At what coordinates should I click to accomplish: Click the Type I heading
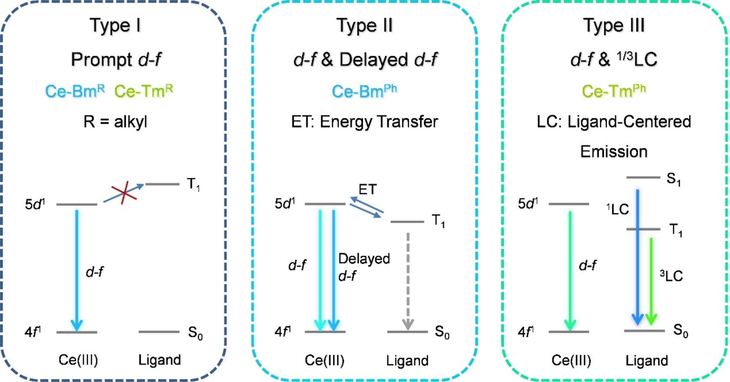(x=115, y=26)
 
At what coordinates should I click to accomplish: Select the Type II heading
(x=365, y=26)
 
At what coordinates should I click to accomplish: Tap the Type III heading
(x=614, y=26)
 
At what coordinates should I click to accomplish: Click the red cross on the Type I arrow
(x=124, y=193)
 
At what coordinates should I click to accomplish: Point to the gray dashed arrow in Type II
(x=408, y=279)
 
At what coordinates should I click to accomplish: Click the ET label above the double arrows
(x=367, y=189)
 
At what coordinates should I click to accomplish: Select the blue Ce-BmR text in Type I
(x=75, y=91)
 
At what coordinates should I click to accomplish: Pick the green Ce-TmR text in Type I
(x=143, y=91)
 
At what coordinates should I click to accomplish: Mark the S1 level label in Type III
(x=673, y=179)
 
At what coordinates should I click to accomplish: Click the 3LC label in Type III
(x=671, y=276)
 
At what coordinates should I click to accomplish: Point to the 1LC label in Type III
(x=618, y=209)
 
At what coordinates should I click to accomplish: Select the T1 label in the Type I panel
(x=193, y=184)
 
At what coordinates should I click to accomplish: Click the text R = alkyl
(x=115, y=122)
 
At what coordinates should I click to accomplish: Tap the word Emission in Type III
(x=614, y=151)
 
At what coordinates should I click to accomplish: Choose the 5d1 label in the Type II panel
(x=285, y=204)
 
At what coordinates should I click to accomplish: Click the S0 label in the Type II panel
(x=442, y=332)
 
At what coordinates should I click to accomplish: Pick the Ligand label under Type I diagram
(x=160, y=360)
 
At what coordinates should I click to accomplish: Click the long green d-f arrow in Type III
(x=570, y=270)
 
